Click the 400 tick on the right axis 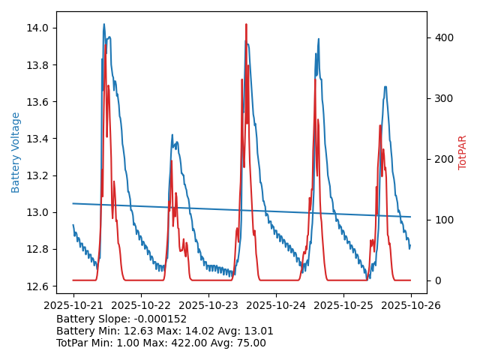[442, 37]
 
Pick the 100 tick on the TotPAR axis [442, 220]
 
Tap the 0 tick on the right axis [436, 280]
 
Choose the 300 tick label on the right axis [442, 98]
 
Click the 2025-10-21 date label [73, 305]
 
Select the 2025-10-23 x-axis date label [208, 305]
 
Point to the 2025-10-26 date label [411, 305]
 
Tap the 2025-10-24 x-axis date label [275, 305]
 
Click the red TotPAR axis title [463, 152]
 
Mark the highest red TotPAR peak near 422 [246, 25]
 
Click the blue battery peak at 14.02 [104, 25]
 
